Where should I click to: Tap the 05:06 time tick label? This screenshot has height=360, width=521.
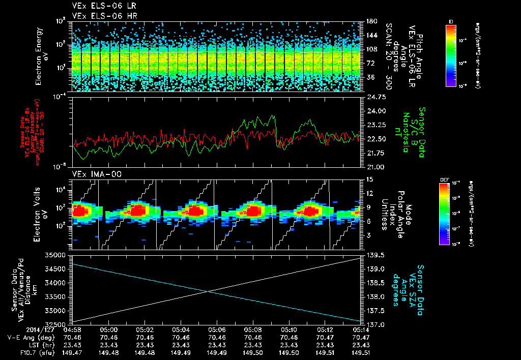pos(217,329)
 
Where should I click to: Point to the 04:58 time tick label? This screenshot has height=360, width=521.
pos(73,329)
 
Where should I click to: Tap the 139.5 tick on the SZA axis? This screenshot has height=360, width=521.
pos(374,254)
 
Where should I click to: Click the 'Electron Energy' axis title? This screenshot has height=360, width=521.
pos(39,56)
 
